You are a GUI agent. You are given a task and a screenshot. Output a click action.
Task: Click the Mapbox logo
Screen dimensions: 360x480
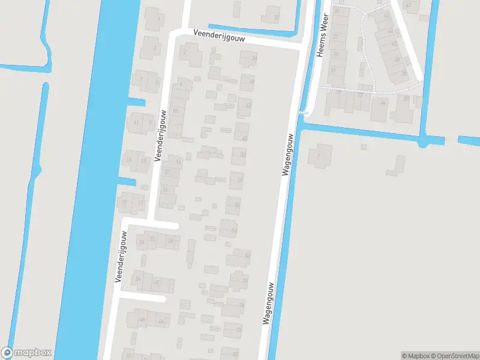26,353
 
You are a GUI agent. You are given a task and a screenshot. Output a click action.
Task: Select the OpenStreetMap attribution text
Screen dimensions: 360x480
451,356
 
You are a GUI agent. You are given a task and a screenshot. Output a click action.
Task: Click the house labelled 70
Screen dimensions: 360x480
244,281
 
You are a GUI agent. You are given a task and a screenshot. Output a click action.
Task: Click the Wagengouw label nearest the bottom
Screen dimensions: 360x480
268,304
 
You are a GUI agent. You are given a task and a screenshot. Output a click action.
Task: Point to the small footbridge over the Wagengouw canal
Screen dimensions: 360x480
304,112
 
